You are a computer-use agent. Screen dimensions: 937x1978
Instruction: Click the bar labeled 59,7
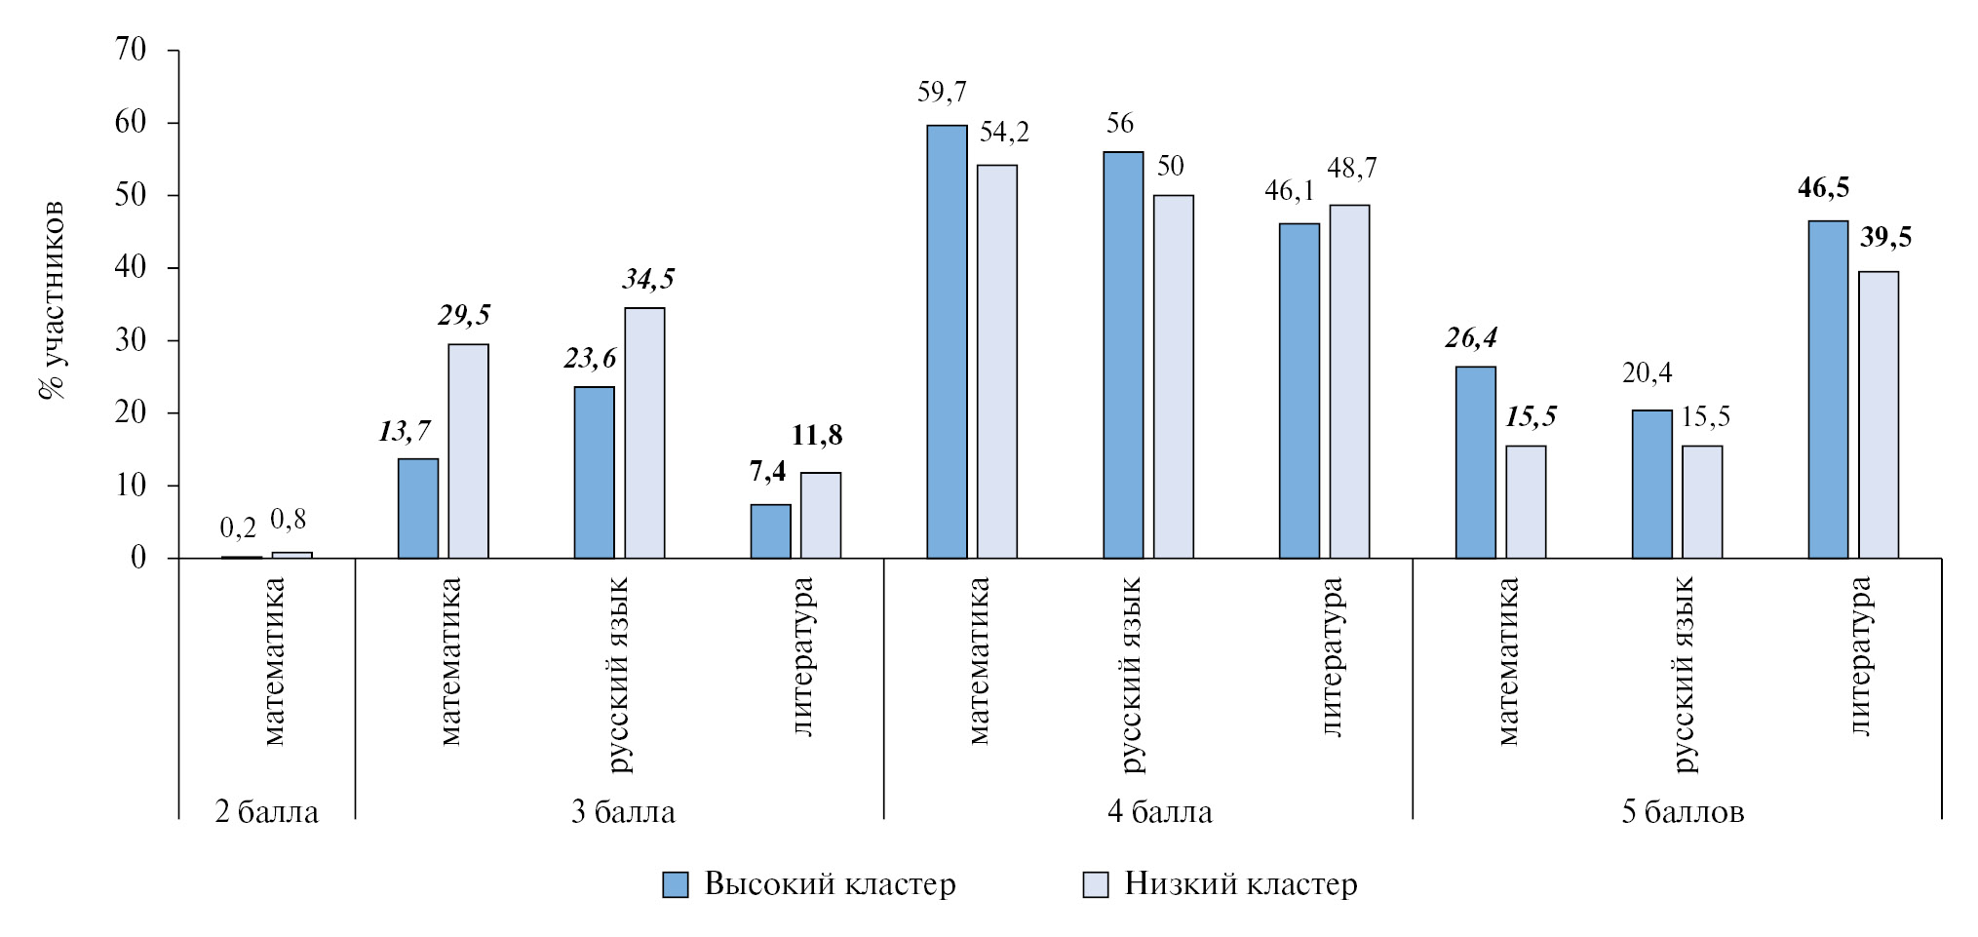tap(947, 341)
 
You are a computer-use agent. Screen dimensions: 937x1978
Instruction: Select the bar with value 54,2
tap(997, 361)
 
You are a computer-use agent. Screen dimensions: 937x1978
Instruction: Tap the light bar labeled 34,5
tap(644, 433)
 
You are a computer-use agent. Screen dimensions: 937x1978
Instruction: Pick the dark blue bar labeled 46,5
tap(1828, 389)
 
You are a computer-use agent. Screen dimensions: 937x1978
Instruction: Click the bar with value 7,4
tap(770, 530)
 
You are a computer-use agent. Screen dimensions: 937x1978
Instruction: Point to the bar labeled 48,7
tap(1350, 381)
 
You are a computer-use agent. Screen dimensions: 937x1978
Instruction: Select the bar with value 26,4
tap(1475, 462)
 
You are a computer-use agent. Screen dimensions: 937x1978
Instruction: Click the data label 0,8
tap(288, 521)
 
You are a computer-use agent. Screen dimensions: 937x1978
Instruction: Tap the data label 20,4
tap(1647, 372)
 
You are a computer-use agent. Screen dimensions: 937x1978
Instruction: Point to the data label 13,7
tap(405, 431)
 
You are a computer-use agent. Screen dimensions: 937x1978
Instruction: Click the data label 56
tap(1120, 124)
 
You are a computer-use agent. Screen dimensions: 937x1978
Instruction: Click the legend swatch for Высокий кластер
tap(675, 884)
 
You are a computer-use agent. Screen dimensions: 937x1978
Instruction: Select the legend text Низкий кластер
tap(1240, 884)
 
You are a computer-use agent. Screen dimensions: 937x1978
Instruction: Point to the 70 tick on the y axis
tap(132, 50)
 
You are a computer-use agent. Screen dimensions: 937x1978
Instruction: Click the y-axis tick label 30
tap(132, 340)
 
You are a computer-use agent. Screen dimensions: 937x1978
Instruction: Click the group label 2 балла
tap(266, 812)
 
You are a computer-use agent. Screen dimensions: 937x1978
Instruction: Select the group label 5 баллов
tap(1683, 812)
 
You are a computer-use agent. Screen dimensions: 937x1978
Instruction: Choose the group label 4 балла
tap(1159, 812)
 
